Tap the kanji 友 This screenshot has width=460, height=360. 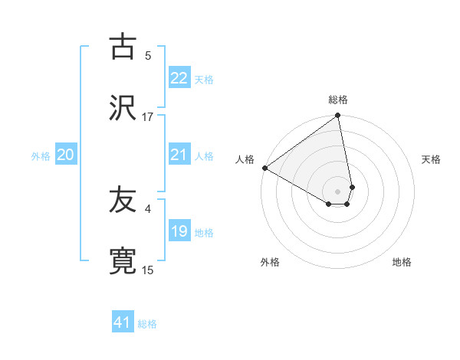123,200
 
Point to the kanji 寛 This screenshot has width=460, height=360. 123,261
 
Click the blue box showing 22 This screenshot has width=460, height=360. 179,78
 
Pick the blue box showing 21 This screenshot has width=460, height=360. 179,155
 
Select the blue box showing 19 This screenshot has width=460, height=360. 179,231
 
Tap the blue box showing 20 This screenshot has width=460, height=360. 65,155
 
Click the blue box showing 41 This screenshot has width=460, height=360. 123,322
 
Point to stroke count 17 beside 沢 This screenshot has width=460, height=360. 148,117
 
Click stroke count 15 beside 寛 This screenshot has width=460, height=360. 148,270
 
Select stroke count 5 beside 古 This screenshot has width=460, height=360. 148,56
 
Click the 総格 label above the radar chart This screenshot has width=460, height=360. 338,100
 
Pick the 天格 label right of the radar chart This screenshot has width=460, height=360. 432,159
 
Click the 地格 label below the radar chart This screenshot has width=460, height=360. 402,262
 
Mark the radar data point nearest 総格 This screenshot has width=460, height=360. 337,116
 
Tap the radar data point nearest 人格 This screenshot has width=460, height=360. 264,168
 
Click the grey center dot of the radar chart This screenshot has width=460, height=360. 337,191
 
